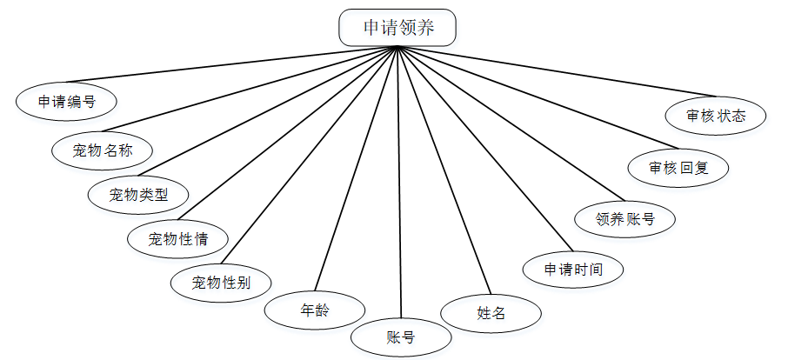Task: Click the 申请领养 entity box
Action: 397,28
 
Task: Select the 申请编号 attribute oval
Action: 66,101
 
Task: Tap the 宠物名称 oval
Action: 101,150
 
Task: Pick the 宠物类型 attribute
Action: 139,195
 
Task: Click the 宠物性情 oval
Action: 178,237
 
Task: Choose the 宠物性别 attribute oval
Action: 221,282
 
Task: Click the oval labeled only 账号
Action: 401,337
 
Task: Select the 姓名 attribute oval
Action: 491,313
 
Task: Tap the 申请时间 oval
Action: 573,269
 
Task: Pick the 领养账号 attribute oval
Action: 625,219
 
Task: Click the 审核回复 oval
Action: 678,168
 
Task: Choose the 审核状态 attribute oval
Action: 715,115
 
